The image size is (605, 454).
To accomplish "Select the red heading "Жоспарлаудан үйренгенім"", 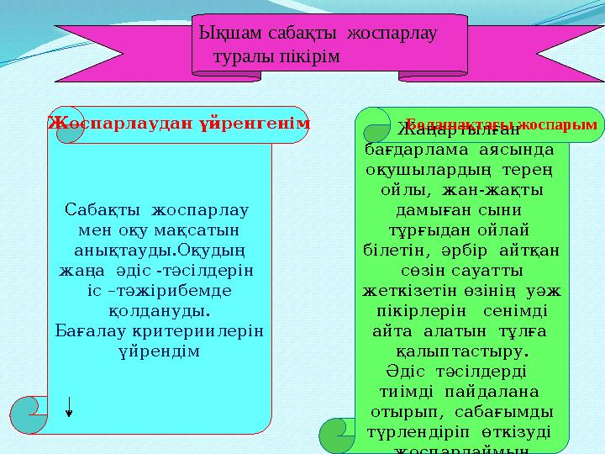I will click(178, 123).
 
